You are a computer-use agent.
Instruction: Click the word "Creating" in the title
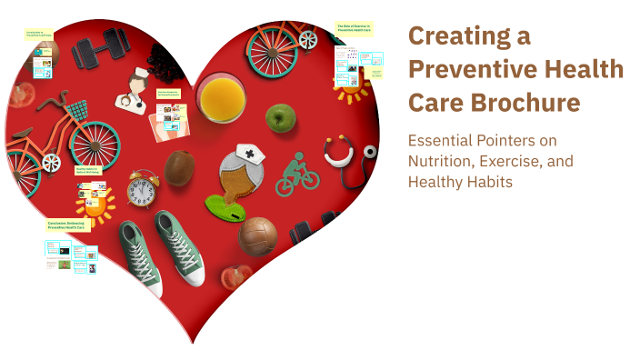455,36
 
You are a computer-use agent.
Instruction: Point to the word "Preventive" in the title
464,70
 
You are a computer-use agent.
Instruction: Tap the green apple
281,117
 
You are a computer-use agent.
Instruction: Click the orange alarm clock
142,189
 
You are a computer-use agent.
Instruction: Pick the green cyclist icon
297,174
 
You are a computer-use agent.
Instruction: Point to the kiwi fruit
180,168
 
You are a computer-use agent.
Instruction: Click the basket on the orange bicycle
77,112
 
